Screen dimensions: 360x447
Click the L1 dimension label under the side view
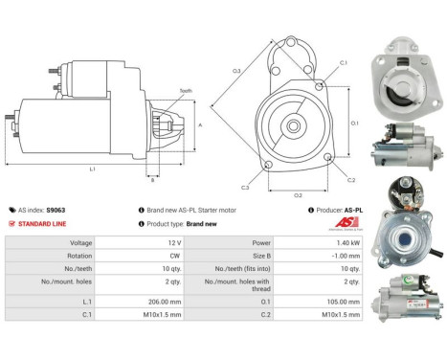pos(92,169)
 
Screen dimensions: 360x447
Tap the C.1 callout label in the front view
pos(344,63)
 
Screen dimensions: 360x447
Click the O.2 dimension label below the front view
pos(298,194)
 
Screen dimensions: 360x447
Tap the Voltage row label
pos(33,244)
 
